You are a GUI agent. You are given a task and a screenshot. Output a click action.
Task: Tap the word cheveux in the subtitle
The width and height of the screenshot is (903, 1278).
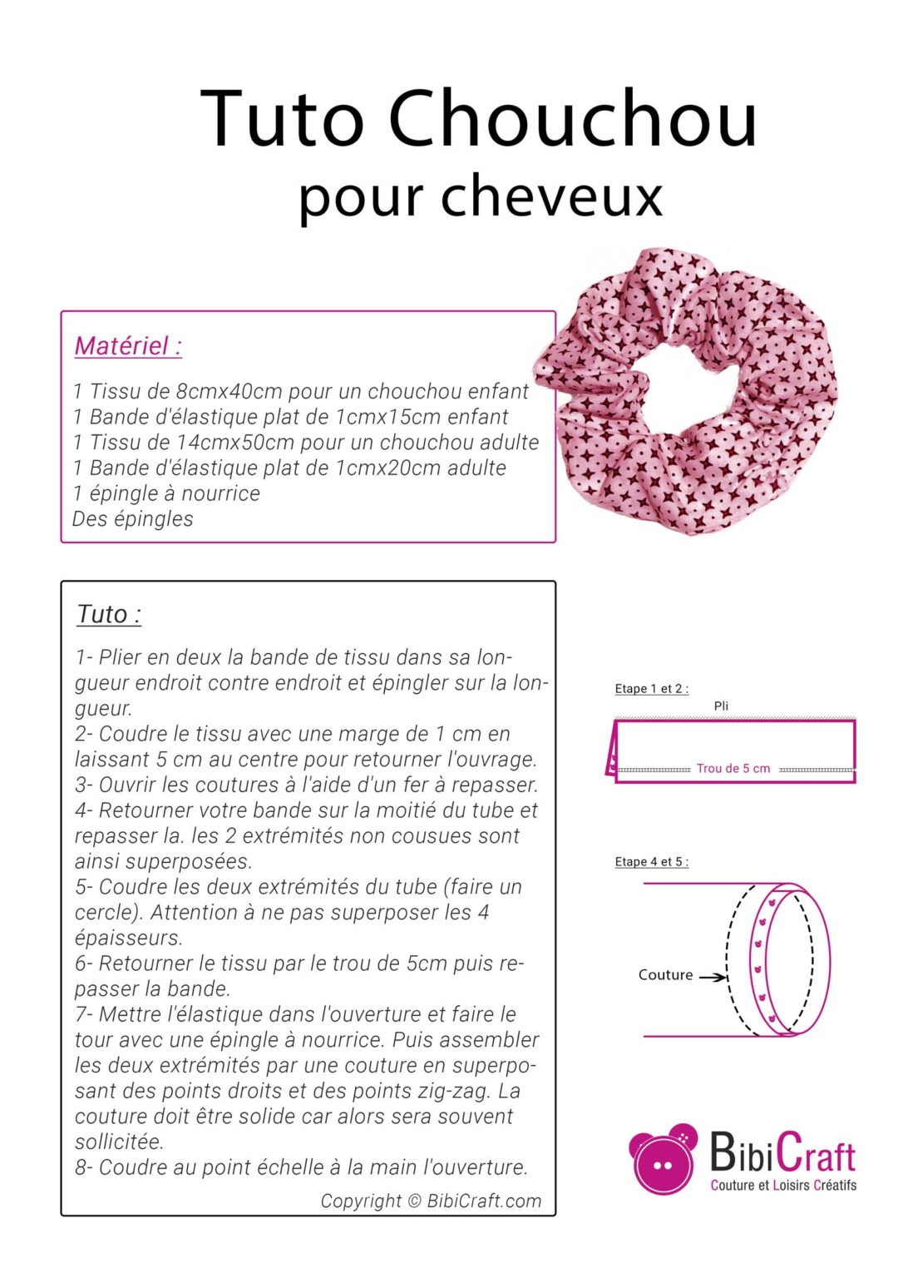(551, 197)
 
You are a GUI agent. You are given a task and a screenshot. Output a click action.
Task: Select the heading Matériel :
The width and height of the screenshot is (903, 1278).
(128, 345)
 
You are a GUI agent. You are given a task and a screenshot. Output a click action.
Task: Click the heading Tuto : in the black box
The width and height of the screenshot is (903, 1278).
(109, 615)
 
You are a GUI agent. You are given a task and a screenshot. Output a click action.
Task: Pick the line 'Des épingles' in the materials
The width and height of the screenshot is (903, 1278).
(133, 519)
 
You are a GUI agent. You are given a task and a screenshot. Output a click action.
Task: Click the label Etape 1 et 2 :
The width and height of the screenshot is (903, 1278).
(651, 689)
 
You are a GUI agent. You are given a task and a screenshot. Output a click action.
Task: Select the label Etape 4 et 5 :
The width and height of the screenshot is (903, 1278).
(651, 862)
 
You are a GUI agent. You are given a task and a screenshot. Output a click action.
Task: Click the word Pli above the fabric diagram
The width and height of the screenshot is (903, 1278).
(721, 706)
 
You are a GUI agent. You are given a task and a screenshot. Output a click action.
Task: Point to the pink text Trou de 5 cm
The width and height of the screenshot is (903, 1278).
(733, 769)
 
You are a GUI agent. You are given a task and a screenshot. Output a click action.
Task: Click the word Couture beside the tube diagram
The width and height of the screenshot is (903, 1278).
(665, 975)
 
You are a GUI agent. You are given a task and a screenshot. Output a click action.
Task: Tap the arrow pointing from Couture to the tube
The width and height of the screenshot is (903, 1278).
(713, 977)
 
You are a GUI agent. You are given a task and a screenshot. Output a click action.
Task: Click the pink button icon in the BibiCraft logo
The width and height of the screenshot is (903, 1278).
(663, 1160)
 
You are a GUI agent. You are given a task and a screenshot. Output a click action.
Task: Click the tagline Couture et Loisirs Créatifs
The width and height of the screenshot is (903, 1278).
(783, 1186)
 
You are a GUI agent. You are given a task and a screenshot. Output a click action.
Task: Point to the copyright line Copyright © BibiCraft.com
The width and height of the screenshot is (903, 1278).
(431, 1201)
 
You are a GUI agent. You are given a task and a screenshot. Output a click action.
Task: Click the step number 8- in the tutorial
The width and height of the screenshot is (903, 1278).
(84, 1168)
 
